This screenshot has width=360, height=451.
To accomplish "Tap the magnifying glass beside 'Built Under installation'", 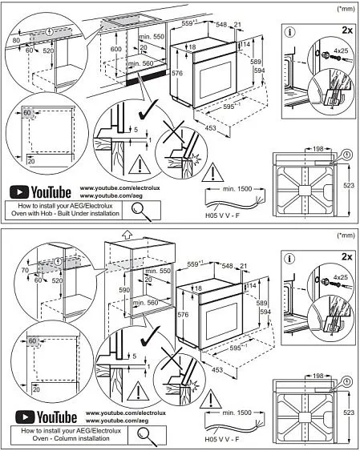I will [142, 210].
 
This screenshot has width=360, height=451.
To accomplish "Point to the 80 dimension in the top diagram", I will [15, 39].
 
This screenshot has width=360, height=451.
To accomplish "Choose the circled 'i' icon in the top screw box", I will [290, 32].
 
